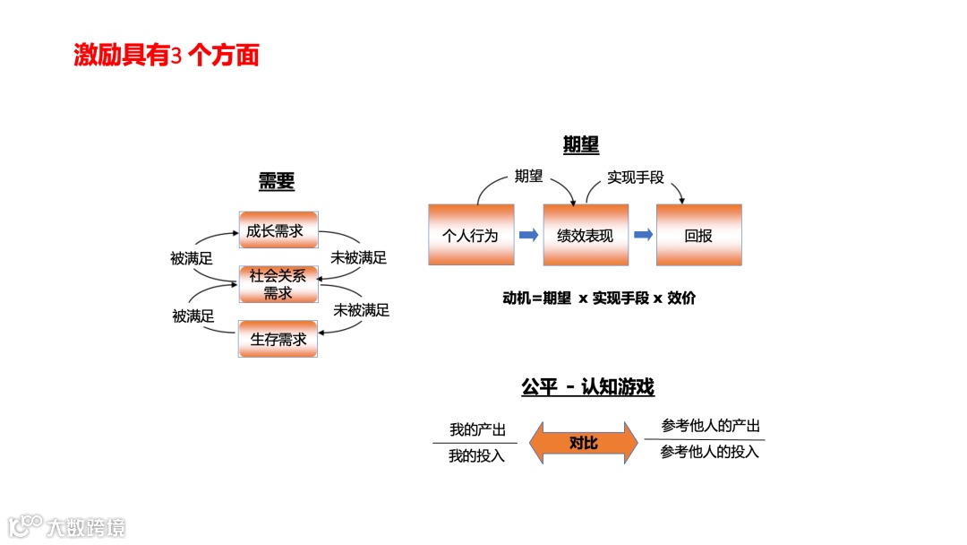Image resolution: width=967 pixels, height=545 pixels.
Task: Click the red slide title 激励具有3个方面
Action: point(167,56)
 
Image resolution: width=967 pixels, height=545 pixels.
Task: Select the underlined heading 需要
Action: point(277,181)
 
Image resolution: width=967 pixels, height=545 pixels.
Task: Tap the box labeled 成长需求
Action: point(278,231)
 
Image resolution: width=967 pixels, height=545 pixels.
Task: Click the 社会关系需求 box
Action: point(278,283)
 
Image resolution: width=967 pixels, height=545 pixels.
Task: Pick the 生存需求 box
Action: point(278,339)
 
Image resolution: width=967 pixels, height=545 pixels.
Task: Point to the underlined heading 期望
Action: point(580,145)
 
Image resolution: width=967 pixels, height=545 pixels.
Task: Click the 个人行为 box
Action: point(471,235)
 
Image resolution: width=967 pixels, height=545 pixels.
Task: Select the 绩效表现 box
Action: point(586,235)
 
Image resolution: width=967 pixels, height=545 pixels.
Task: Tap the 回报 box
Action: point(699,235)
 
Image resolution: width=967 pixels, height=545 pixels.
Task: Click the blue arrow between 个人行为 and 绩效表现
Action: point(529,235)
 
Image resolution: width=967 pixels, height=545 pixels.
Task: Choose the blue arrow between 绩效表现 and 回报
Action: point(643,235)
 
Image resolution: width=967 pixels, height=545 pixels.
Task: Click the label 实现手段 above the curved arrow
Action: point(636,177)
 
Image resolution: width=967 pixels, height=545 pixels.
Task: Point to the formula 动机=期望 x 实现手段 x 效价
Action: point(599,298)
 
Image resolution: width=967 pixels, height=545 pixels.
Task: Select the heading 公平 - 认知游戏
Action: point(587,387)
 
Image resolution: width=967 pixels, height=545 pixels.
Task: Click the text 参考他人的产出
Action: point(710,427)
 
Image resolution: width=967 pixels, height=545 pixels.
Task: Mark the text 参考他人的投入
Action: point(710,452)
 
